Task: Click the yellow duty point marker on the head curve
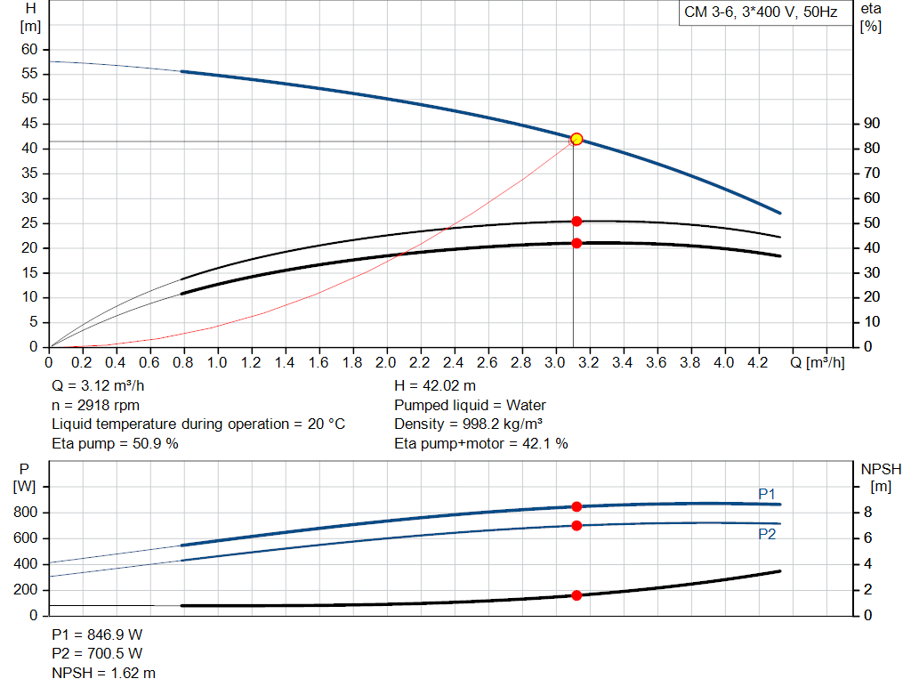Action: pos(576,139)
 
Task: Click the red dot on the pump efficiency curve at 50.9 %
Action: pos(576,221)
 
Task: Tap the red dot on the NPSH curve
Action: pos(576,595)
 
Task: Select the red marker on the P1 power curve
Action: pos(576,506)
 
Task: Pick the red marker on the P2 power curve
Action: pos(576,526)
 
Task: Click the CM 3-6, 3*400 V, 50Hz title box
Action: pos(760,13)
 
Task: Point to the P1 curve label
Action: pos(767,494)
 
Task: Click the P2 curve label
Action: pos(767,534)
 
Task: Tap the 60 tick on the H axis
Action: pos(29,49)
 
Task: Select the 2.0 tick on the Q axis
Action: pos(386,363)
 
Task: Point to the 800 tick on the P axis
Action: pos(25,513)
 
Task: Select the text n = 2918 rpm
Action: pos(96,405)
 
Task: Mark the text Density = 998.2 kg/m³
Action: pos(469,424)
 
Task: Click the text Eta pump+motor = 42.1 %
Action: pos(481,443)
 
